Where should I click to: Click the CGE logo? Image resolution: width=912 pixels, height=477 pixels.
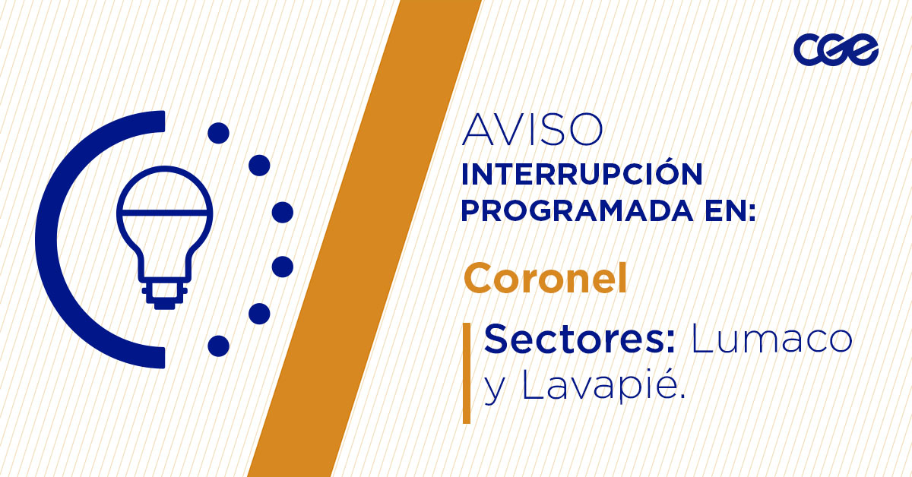coord(836,50)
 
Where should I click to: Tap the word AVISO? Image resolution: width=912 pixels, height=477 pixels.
coord(532,131)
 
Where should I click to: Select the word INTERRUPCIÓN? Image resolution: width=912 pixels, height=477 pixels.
coord(581,175)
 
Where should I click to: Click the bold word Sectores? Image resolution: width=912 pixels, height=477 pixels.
coord(580,339)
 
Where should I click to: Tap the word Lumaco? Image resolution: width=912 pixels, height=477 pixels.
coord(771,339)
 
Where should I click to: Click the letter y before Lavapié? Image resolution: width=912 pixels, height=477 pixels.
coord(495,392)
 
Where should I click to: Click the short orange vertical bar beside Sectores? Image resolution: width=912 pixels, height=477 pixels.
coord(467,372)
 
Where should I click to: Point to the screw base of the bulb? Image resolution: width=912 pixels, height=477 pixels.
coord(164,292)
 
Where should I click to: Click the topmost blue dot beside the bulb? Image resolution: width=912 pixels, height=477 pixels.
coord(218,134)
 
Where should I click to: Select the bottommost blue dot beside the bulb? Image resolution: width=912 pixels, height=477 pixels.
coord(218,346)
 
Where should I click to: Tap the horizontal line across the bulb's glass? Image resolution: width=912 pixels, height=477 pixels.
coord(164,212)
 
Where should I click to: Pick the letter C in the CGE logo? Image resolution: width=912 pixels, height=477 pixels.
coord(807,51)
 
